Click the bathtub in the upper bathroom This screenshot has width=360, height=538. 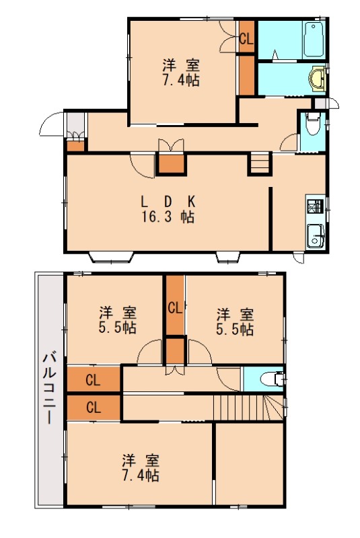[314, 40]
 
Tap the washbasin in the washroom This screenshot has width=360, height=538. [318, 79]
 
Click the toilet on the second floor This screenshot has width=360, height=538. [273, 379]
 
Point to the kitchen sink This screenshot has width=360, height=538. [315, 235]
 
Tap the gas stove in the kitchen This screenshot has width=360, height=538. [315, 206]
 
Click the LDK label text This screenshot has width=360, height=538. [168, 202]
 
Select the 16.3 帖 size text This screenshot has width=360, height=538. [168, 217]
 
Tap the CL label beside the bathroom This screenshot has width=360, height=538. [246, 39]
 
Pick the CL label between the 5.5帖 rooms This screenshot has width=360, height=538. [175, 308]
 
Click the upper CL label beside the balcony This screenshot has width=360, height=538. [93, 380]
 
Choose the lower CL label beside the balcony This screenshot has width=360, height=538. [94, 408]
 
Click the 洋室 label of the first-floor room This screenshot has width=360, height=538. [181, 65]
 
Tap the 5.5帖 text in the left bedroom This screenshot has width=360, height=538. [118, 328]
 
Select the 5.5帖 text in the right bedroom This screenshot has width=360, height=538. [235, 329]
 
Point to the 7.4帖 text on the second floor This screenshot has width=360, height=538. [141, 475]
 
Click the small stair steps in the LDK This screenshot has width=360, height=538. [260, 164]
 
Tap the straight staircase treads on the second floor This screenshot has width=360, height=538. [238, 407]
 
